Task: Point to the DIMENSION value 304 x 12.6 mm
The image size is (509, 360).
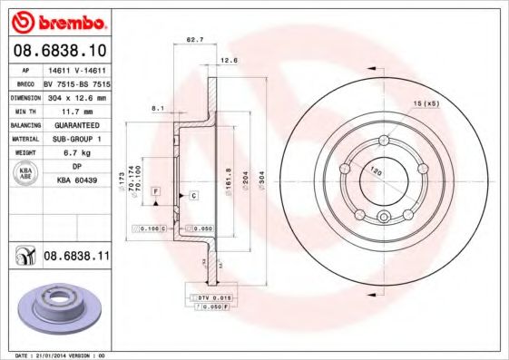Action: pyautogui.click(x=76, y=95)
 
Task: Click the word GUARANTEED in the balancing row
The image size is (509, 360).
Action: pyautogui.click(x=76, y=126)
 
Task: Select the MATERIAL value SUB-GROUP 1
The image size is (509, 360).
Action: pyautogui.click(x=76, y=139)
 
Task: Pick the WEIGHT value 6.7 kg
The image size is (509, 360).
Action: pyautogui.click(x=76, y=152)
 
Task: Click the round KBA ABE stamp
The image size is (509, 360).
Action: pyautogui.click(x=26, y=174)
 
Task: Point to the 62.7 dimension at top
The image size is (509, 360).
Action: pyautogui.click(x=193, y=40)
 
